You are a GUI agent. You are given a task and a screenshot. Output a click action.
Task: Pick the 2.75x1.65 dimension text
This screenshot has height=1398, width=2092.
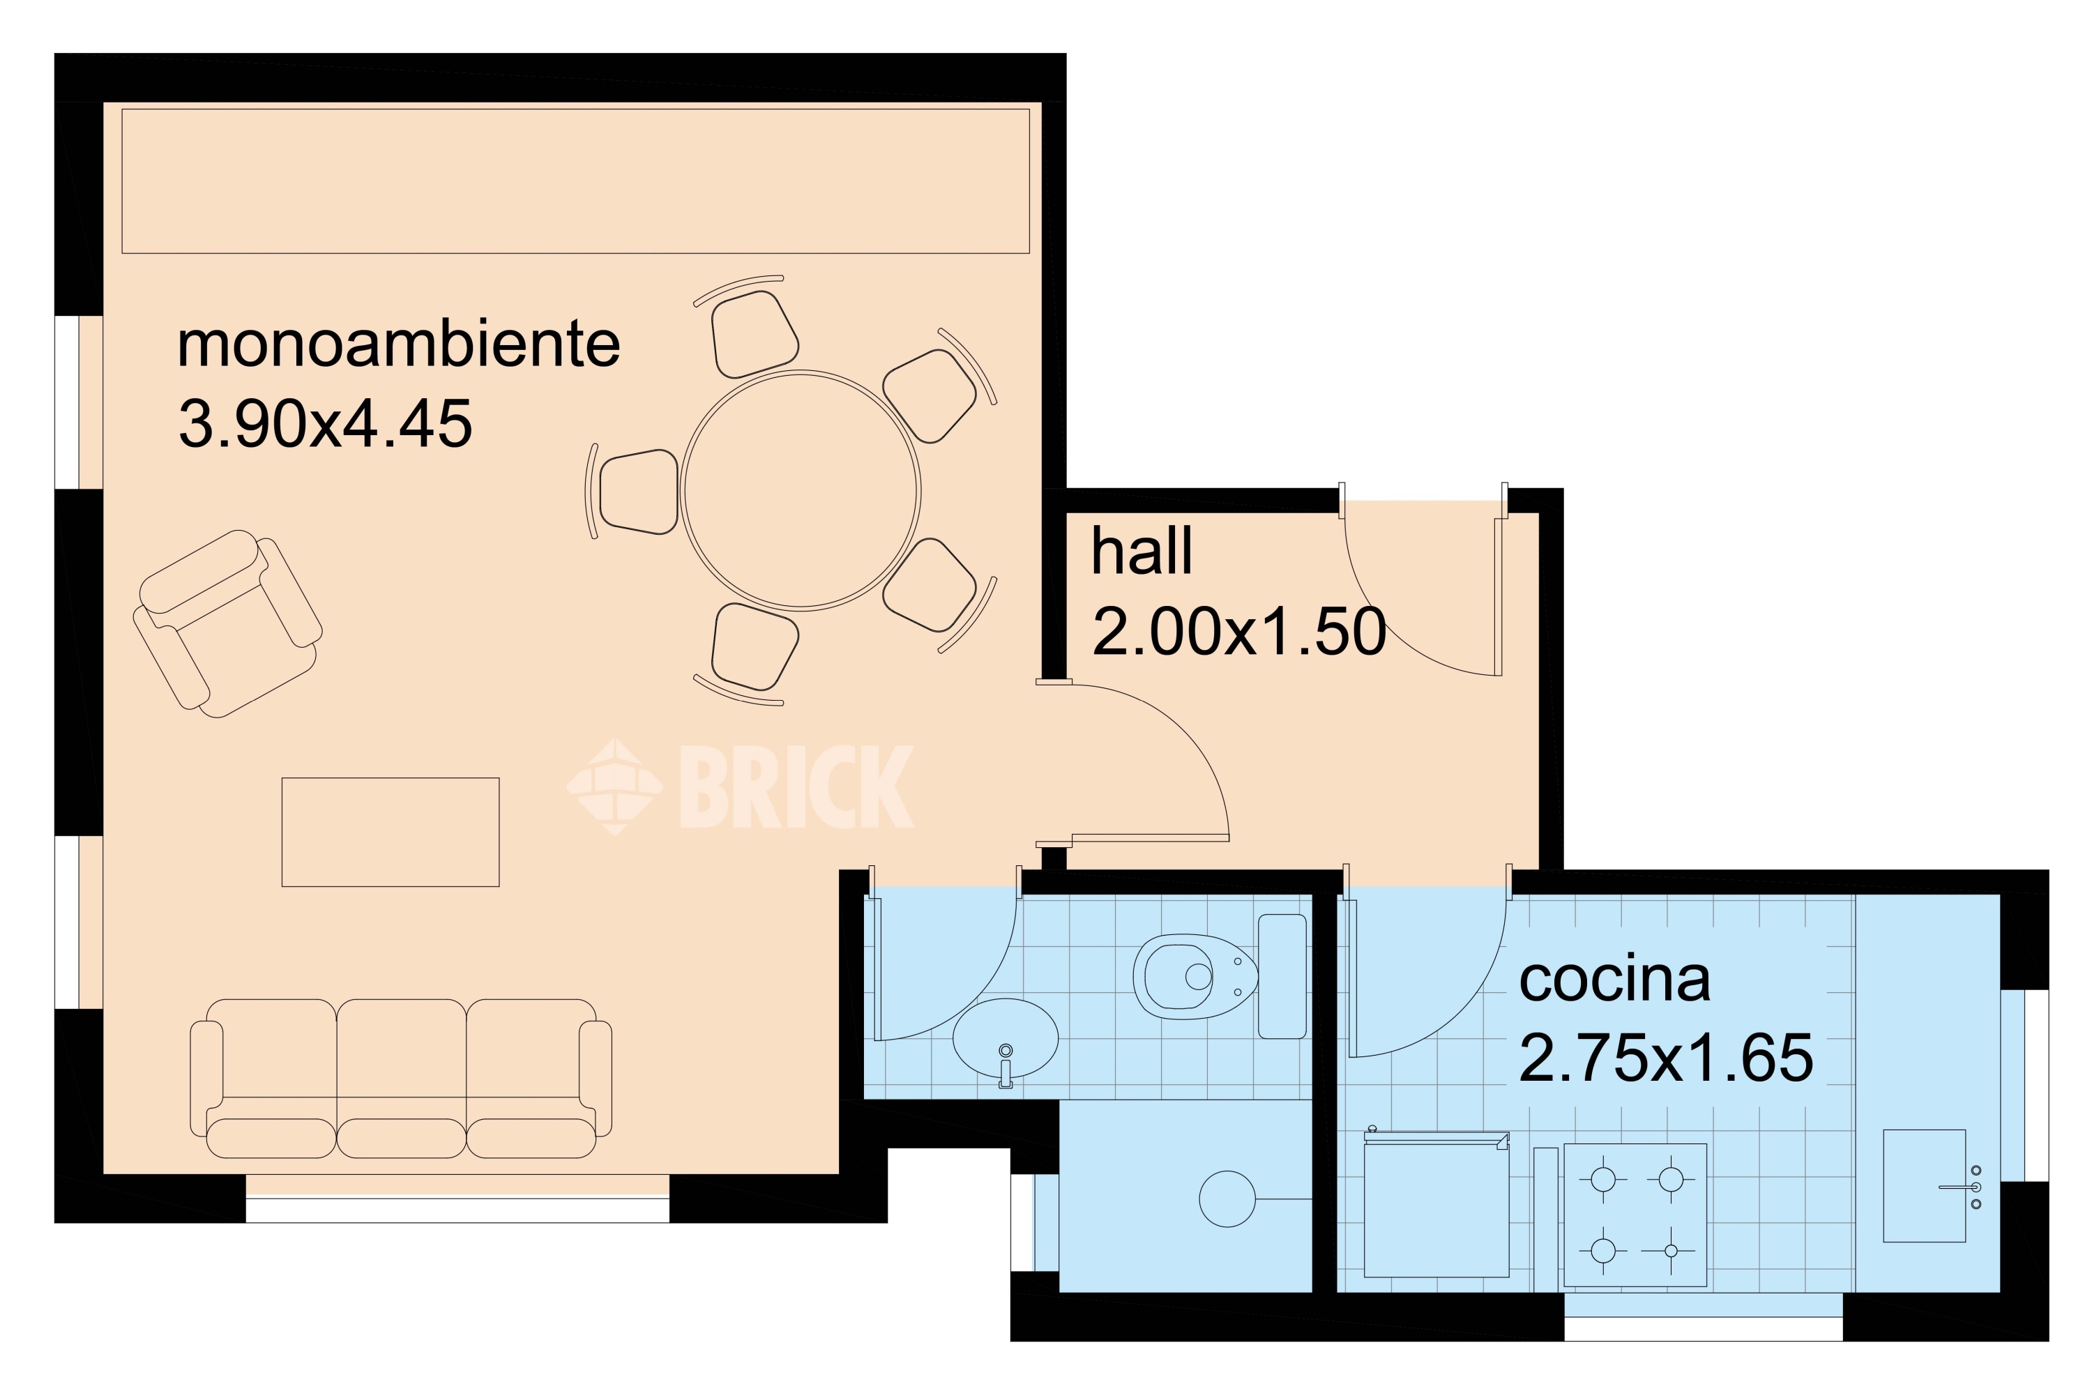pyautogui.click(x=1666, y=1058)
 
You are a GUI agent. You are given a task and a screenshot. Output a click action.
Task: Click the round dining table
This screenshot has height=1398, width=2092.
pyautogui.click(x=801, y=490)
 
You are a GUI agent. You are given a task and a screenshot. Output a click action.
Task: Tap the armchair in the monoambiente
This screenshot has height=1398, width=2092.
pyautogui.click(x=227, y=624)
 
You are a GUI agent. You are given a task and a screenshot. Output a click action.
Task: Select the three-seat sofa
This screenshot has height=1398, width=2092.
pyautogui.click(x=401, y=1078)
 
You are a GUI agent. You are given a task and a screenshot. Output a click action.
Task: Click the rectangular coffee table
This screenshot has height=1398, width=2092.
pyautogui.click(x=391, y=832)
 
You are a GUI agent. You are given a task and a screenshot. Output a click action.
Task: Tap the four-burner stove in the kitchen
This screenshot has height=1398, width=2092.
pyautogui.click(x=1635, y=1215)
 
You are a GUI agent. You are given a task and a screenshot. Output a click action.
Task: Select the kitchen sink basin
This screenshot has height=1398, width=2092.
pyautogui.click(x=1925, y=1186)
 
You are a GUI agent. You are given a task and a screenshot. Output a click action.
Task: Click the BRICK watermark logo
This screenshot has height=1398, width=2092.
pyautogui.click(x=739, y=787)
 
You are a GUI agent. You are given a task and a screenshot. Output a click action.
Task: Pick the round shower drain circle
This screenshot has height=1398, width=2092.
pyautogui.click(x=1228, y=1199)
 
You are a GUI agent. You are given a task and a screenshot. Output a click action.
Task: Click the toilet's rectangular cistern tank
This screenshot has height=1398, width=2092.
pyautogui.click(x=1282, y=976)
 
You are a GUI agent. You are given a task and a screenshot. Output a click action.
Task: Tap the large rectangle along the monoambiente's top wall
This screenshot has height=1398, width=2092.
pyautogui.click(x=576, y=181)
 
